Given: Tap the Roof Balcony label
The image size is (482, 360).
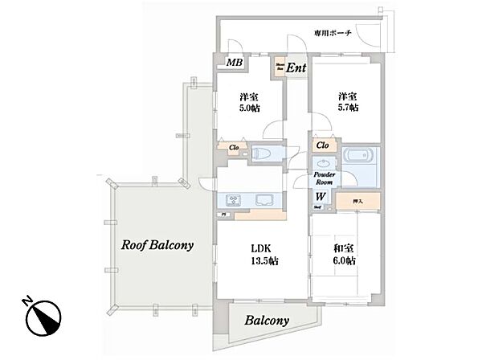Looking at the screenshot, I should tap(157, 246).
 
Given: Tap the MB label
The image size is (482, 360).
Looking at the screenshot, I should tap(234, 63).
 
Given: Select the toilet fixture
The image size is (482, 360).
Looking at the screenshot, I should tap(261, 153).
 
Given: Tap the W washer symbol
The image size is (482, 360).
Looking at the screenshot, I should tap(320, 195).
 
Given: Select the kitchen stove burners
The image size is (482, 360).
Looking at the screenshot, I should tap(232, 200).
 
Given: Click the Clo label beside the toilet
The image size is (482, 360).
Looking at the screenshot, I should tap(234, 146).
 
